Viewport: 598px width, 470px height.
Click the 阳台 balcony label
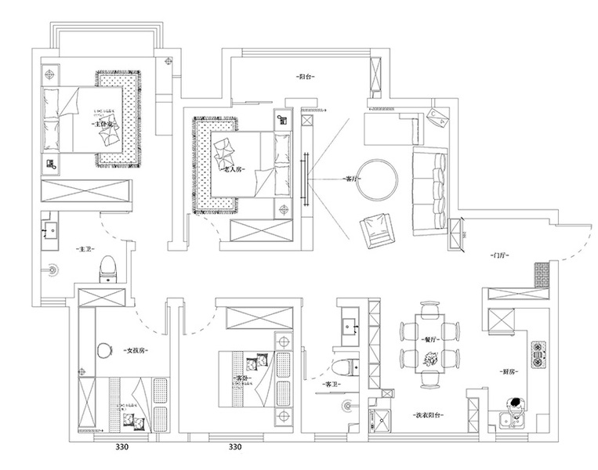pyautogui.click(x=306, y=78)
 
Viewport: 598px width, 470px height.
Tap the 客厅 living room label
pyautogui.click(x=352, y=179)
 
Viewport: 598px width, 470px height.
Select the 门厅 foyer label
pyautogui.click(x=498, y=256)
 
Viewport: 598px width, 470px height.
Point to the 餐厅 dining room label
pyautogui.click(x=429, y=340)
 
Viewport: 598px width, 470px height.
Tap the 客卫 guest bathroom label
pyautogui.click(x=323, y=384)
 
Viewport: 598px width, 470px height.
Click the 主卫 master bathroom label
pyautogui.click(x=84, y=249)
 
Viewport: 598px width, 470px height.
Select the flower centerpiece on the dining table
pyautogui.click(x=429, y=359)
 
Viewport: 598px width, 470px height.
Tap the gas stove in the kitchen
pyautogui.click(x=539, y=353)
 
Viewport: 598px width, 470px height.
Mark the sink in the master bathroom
pyautogui.click(x=50, y=230)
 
